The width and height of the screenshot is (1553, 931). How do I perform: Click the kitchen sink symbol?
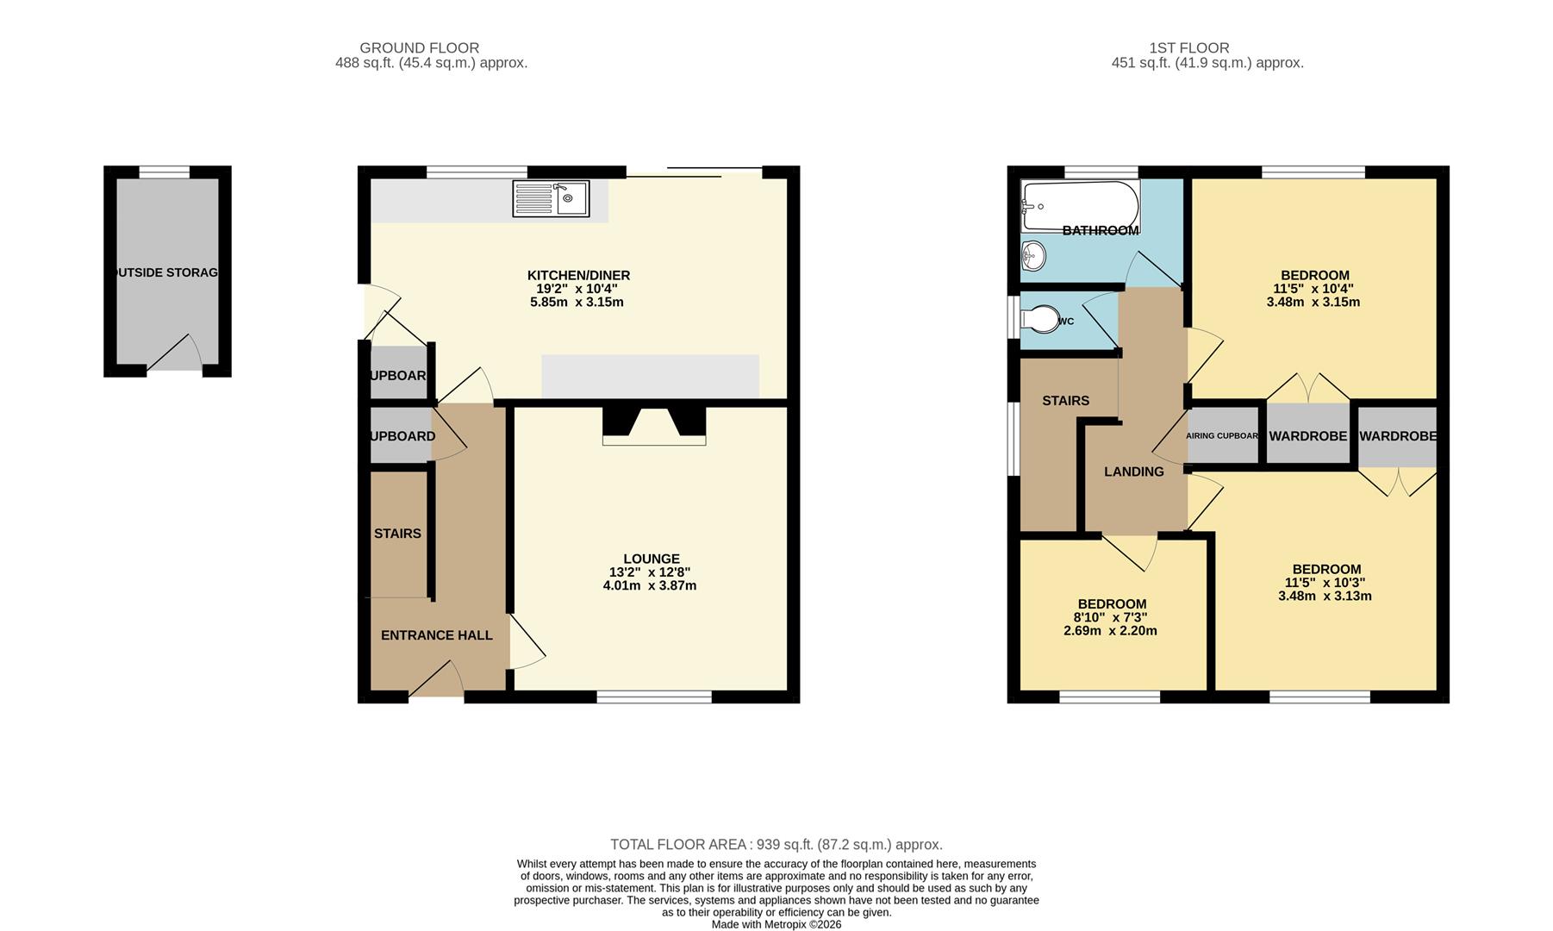(551, 198)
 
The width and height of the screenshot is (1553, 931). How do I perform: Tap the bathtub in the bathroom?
(1080, 206)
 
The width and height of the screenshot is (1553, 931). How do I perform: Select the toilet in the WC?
(1039, 319)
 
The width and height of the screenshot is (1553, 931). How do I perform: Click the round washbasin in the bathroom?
(1033, 254)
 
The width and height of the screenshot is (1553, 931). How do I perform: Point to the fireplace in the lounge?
(654, 425)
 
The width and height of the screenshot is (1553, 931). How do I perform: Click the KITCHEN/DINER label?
(579, 276)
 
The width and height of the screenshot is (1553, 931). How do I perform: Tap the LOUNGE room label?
(652, 559)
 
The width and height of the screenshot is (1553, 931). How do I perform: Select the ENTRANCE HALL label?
(437, 635)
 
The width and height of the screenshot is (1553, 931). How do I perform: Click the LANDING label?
(1134, 472)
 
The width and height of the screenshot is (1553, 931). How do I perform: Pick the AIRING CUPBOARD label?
(1223, 436)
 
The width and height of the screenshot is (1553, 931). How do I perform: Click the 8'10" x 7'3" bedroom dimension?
(1110, 617)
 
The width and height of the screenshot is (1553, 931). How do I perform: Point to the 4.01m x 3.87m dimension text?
(650, 586)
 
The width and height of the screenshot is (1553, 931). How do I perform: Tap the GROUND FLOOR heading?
(420, 48)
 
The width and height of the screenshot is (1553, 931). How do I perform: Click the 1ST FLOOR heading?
(1189, 48)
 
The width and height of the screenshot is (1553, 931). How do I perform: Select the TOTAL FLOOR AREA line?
(776, 845)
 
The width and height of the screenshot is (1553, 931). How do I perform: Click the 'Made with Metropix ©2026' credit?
(776, 925)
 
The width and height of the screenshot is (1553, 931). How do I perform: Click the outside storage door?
(175, 355)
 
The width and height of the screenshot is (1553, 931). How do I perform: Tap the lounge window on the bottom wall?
(655, 697)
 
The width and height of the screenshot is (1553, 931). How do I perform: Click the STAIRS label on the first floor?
(1066, 401)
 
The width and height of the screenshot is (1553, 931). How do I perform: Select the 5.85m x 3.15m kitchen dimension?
(577, 303)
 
